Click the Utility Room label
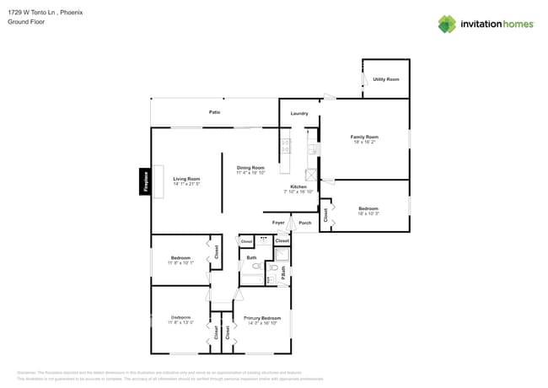[x=386, y=79]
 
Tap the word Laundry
[x=299, y=113]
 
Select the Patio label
[x=215, y=112]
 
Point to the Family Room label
[x=365, y=137]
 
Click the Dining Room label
[x=250, y=167]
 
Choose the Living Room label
[x=186, y=179]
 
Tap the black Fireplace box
[x=144, y=182]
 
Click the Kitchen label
[x=299, y=186]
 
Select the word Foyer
[x=278, y=223]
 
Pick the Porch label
[x=305, y=223]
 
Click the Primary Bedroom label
[x=262, y=318]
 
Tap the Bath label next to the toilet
[x=251, y=257]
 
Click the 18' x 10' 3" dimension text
[x=368, y=213]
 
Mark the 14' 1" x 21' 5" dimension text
[x=186, y=184]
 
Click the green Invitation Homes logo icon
[x=447, y=24]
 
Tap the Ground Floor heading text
[x=25, y=22]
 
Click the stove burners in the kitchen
[x=286, y=145]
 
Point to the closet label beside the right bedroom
[x=325, y=215]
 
